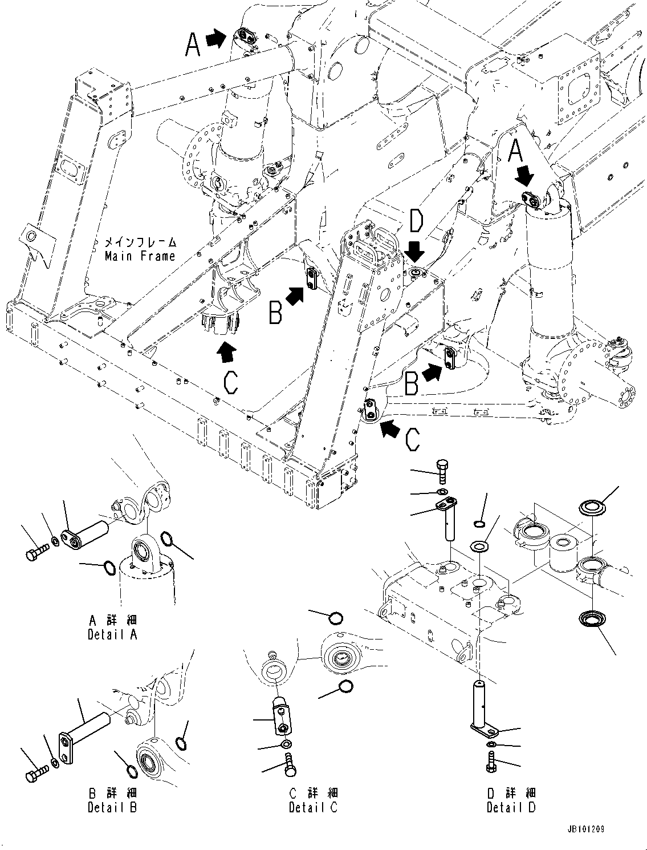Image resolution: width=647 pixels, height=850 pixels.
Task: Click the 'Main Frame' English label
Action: click(140, 256)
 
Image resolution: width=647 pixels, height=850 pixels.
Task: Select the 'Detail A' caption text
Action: click(112, 634)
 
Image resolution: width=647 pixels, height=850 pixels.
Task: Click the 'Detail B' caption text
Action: click(112, 807)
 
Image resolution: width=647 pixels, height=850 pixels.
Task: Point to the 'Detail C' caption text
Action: click(313, 807)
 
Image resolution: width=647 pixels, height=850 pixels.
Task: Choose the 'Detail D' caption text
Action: click(511, 807)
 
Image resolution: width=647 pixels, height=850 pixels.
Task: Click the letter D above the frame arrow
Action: click(417, 221)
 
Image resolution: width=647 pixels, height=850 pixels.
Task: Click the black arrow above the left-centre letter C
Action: click(226, 353)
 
